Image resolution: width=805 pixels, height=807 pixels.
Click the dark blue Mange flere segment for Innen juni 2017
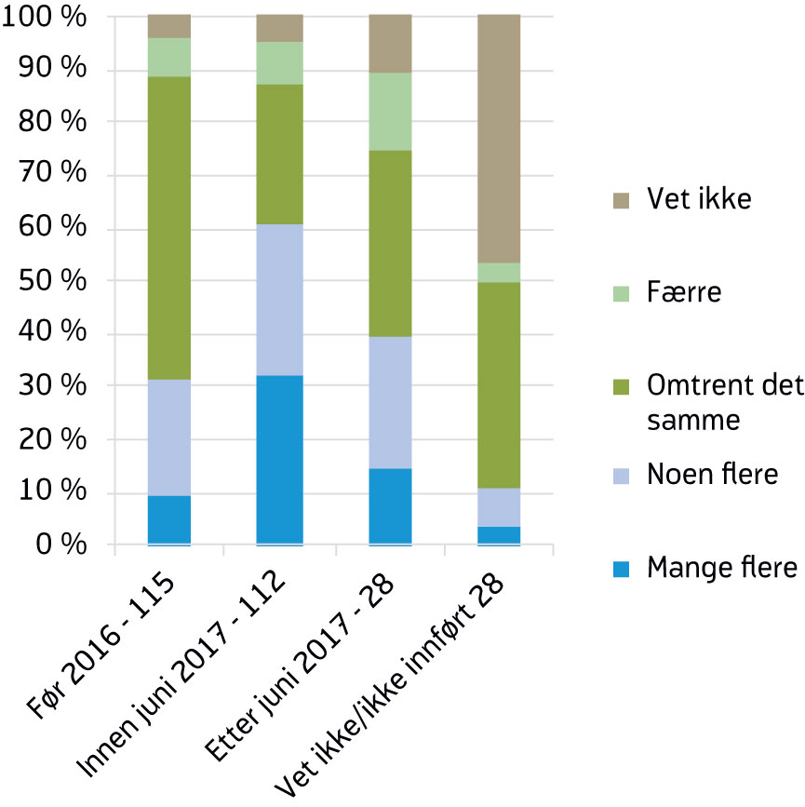(279, 460)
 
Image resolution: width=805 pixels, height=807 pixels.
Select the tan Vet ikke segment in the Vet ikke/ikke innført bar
(499, 139)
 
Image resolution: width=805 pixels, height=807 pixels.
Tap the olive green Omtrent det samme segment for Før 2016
(168, 228)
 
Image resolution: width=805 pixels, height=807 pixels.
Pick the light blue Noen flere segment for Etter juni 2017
(390, 402)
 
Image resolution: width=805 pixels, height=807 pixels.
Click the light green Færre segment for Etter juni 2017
(390, 112)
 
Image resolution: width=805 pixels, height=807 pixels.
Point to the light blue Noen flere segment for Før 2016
(168, 437)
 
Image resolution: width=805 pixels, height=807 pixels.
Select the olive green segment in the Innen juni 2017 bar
(279, 155)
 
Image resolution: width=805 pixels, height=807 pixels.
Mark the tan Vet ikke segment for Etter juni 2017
(390, 44)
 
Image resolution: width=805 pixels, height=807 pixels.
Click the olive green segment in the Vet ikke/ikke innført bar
(499, 384)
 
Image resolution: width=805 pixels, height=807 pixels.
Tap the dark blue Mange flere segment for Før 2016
(168, 519)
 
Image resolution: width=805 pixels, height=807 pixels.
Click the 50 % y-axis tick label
(44, 281)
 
